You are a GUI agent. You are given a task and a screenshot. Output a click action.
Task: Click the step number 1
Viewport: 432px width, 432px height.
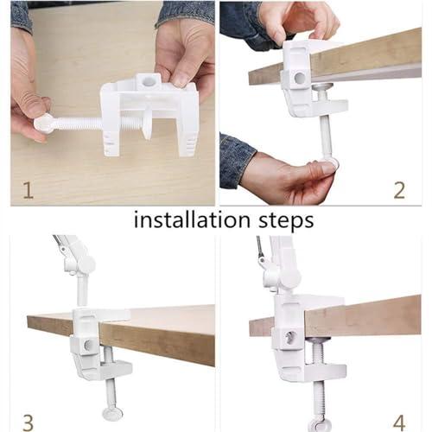pyautogui.click(x=28, y=189)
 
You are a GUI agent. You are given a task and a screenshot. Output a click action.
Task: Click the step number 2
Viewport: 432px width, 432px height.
pyautogui.click(x=398, y=189)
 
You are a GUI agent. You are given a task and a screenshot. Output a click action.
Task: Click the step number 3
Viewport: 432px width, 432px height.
pyautogui.click(x=28, y=422)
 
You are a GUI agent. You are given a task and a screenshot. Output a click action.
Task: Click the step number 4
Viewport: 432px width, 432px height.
pyautogui.click(x=398, y=422)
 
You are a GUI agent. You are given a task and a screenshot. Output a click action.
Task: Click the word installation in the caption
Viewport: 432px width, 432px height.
pyautogui.click(x=183, y=220)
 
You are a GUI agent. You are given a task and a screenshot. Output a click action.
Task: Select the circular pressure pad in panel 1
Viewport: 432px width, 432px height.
pyautogui.click(x=147, y=125)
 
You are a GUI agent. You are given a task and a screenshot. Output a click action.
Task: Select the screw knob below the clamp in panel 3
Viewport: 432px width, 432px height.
pyautogui.click(x=111, y=413)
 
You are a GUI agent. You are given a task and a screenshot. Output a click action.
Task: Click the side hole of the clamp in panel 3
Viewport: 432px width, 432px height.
pyautogui.click(x=89, y=344)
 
